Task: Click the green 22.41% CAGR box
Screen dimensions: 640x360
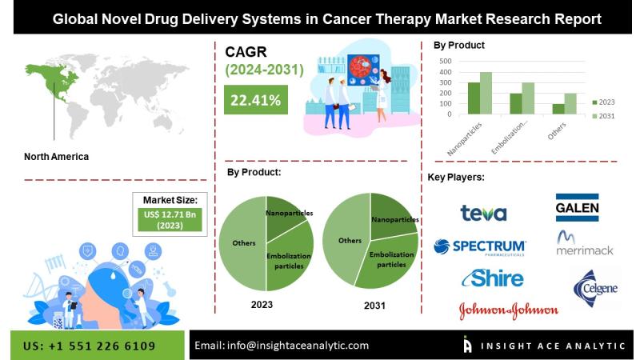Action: pos(256,99)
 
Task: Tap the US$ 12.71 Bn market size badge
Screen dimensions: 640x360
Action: pos(170,220)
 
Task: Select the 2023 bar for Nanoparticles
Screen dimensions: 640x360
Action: pos(474,98)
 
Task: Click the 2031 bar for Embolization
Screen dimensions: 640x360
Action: pos(528,98)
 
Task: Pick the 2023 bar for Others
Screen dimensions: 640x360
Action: pos(558,109)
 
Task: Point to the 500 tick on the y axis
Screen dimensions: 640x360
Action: pos(446,62)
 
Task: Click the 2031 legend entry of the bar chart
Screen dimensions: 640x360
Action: pos(604,116)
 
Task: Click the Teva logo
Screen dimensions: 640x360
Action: pos(483,213)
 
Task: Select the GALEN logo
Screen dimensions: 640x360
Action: pos(577,207)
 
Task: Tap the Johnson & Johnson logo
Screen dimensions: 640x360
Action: pos(509,311)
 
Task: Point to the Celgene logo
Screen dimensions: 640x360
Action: pos(595,288)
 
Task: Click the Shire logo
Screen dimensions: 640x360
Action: pos(493,278)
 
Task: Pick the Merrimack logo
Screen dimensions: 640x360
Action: pos(585,243)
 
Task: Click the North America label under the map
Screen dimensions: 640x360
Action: pos(56,157)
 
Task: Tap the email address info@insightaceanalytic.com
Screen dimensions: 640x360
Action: pos(298,346)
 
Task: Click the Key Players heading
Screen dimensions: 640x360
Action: pos(456,178)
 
